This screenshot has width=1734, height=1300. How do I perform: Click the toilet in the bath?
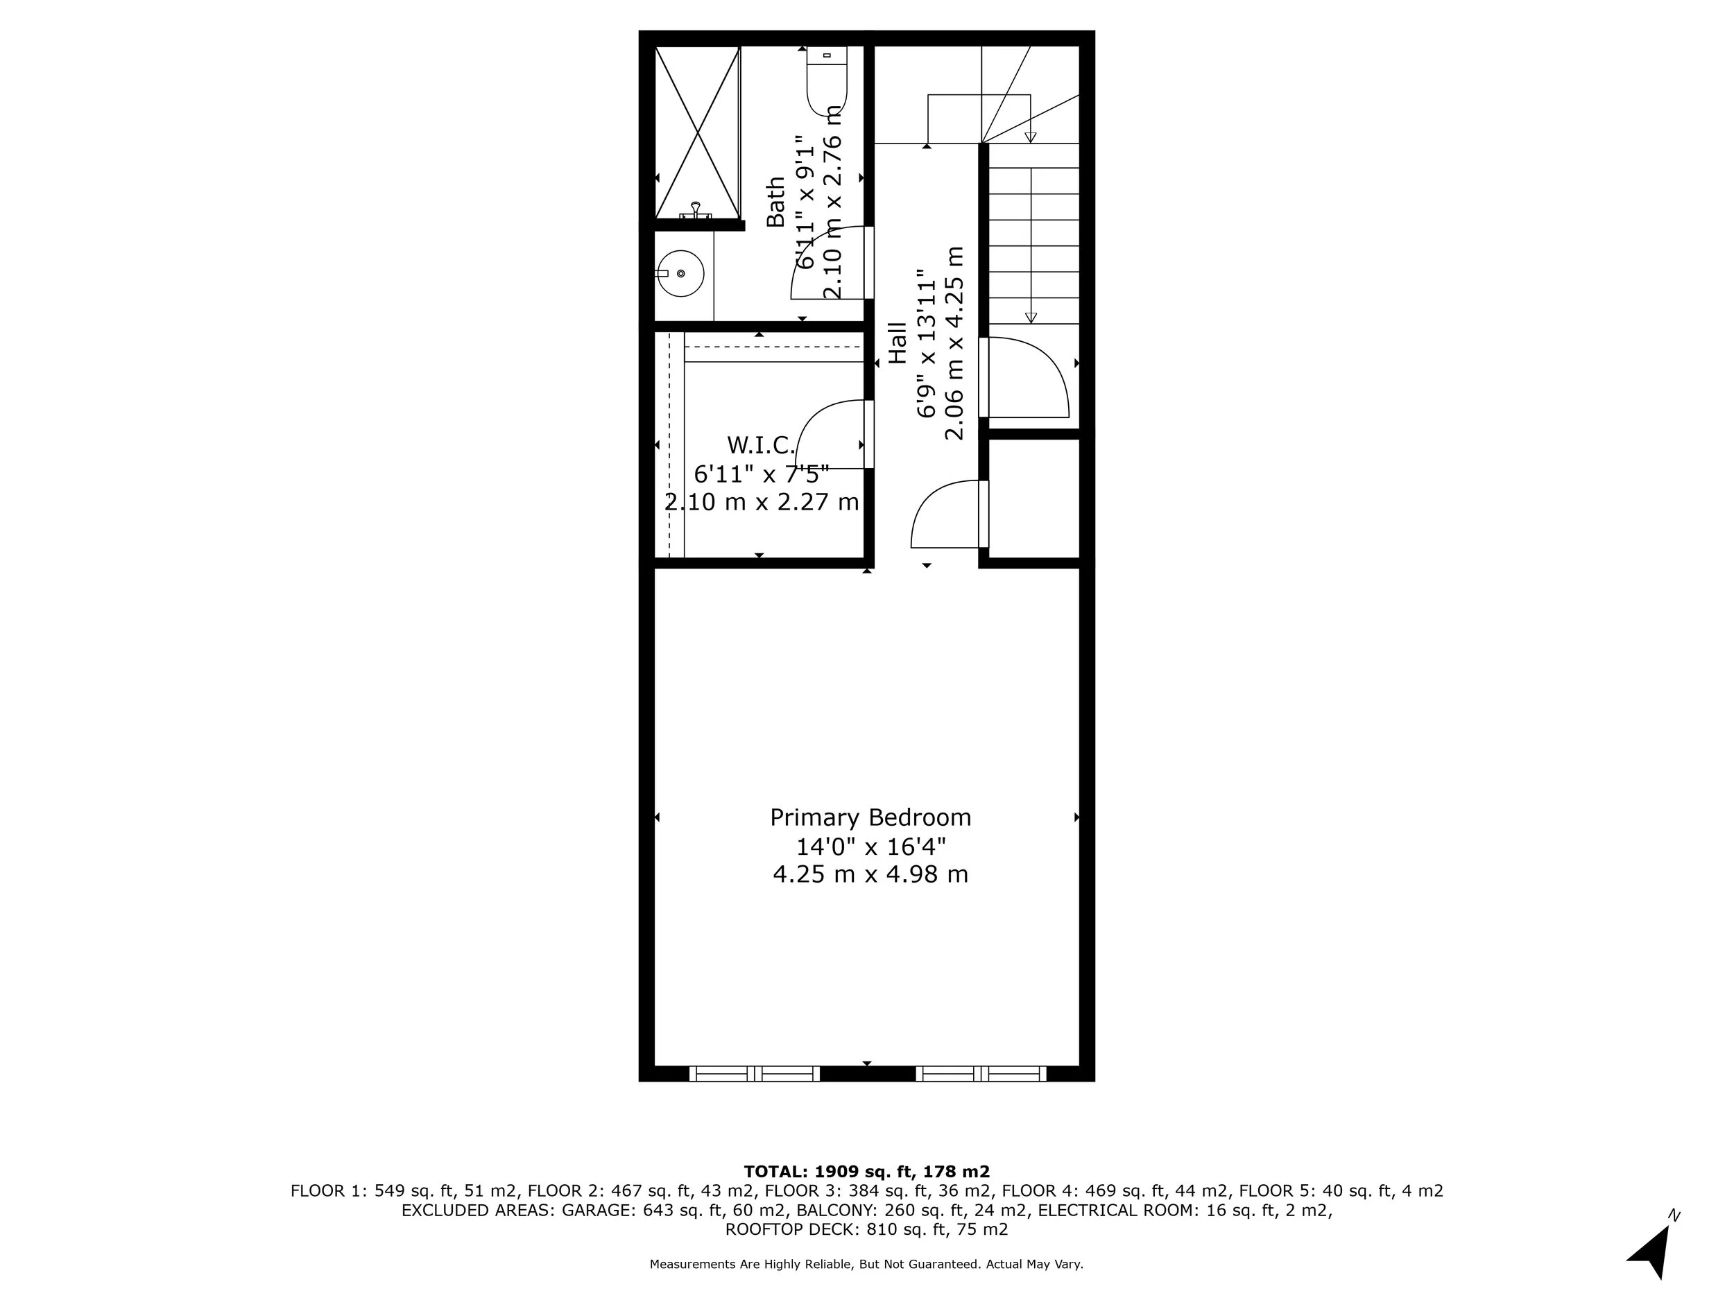click(x=826, y=82)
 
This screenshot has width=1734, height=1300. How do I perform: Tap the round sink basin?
click(x=680, y=273)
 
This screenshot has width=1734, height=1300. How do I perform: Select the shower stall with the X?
click(x=697, y=132)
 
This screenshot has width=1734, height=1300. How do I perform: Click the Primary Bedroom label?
click(x=870, y=818)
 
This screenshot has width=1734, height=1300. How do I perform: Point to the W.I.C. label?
click(x=760, y=445)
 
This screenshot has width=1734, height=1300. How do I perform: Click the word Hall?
click(x=898, y=343)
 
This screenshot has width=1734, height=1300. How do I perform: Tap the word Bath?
click(x=775, y=202)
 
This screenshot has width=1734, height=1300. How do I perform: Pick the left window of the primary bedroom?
click(x=754, y=1073)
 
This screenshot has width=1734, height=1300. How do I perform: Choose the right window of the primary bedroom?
click(x=981, y=1073)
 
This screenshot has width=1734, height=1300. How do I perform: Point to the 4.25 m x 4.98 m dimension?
click(x=870, y=874)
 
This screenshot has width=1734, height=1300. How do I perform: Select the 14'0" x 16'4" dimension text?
click(x=870, y=847)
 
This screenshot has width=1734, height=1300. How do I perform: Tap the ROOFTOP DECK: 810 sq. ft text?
click(x=866, y=1229)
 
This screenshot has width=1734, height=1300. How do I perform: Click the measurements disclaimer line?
click(x=866, y=1264)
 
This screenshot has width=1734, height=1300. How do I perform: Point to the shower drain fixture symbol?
click(x=695, y=209)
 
